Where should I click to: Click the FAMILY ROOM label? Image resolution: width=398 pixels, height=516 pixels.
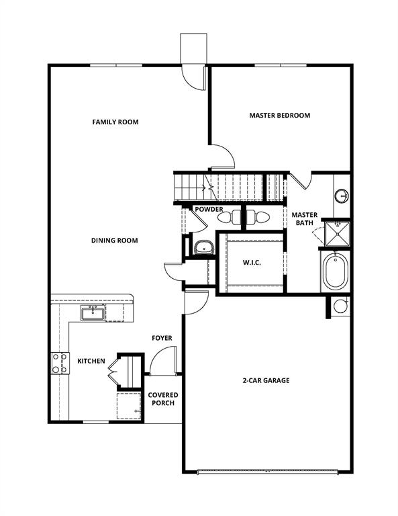(115, 122)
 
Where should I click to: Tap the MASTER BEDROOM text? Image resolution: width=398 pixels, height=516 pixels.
(279, 116)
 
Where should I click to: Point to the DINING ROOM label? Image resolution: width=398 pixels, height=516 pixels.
(115, 241)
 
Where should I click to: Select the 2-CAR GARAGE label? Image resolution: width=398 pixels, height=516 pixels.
(266, 380)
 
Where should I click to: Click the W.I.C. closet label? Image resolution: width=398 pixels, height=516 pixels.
(251, 263)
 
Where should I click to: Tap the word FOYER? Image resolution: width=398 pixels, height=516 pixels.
(162, 338)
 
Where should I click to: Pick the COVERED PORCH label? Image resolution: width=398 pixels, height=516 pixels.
(162, 398)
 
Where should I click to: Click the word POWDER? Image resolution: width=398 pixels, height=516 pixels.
(209, 210)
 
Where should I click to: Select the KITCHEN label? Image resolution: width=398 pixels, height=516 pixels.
(91, 361)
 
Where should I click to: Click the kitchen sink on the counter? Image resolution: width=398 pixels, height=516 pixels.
(92, 312)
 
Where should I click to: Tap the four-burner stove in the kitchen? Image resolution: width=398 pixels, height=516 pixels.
(59, 363)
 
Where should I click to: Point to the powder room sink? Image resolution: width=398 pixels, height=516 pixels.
(203, 247)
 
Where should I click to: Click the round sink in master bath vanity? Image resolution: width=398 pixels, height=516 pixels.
(342, 196)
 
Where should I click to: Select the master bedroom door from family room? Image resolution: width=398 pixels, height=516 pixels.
(221, 156)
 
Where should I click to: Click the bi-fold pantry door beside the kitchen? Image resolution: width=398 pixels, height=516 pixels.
(113, 370)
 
